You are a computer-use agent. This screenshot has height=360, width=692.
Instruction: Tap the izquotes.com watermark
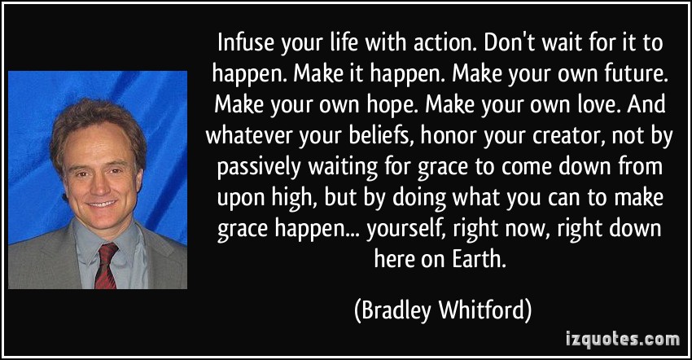click(623, 340)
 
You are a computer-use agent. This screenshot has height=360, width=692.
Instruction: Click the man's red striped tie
click(107, 265)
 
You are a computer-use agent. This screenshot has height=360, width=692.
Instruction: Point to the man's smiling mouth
click(102, 204)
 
